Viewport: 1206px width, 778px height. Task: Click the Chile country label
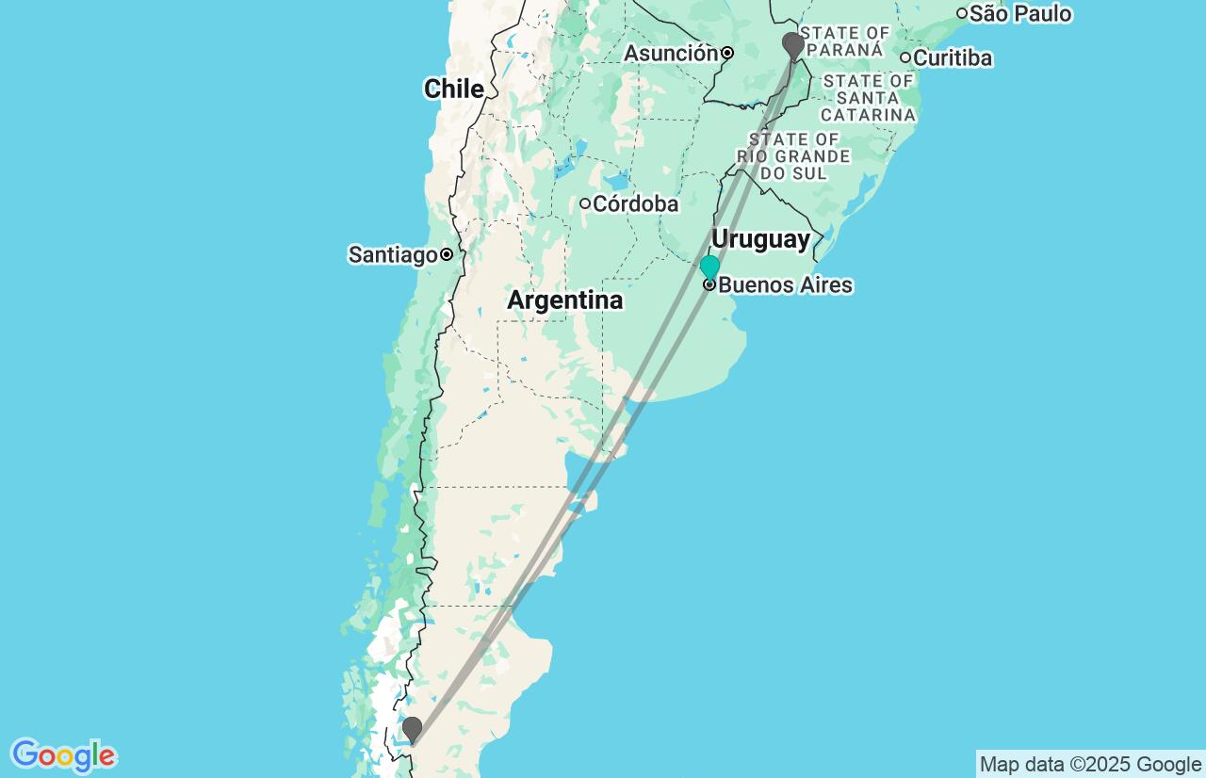(x=453, y=89)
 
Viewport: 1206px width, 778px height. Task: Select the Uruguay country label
(x=760, y=239)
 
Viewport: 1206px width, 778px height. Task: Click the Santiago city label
(x=392, y=254)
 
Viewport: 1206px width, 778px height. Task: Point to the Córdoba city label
(x=635, y=203)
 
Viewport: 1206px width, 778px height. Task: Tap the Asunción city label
(x=670, y=54)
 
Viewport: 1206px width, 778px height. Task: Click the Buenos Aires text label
(x=785, y=285)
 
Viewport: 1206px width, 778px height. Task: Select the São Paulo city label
(x=1019, y=13)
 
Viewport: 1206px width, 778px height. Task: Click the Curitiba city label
(x=953, y=58)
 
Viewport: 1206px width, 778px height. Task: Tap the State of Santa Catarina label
(x=868, y=98)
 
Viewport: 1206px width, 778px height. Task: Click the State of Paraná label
(x=844, y=41)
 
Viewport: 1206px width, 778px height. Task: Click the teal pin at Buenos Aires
(x=709, y=267)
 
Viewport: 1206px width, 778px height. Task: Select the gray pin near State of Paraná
(x=793, y=44)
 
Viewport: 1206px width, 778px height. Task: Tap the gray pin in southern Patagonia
(x=412, y=729)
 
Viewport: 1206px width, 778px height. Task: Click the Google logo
(x=63, y=755)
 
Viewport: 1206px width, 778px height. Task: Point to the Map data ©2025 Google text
(x=1090, y=764)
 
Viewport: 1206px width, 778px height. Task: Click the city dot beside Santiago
(x=447, y=254)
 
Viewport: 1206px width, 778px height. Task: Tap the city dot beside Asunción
(x=727, y=54)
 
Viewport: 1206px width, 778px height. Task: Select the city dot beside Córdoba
(x=585, y=203)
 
